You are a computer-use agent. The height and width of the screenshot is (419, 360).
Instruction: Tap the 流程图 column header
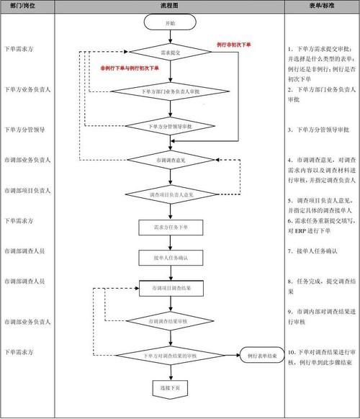pyautogui.click(x=169, y=6)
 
